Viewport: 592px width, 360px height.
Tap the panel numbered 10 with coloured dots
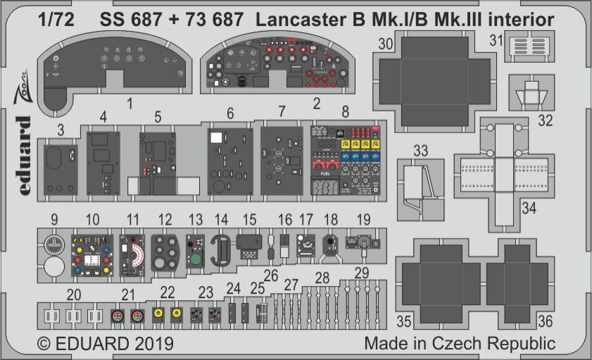pyautogui.click(x=92, y=256)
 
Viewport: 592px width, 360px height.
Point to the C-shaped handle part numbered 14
pyautogui.click(x=221, y=251)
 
